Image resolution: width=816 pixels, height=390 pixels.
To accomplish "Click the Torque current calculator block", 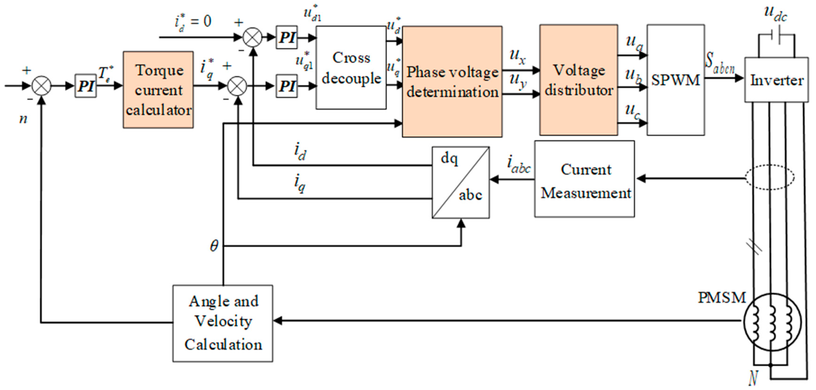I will coord(158,90).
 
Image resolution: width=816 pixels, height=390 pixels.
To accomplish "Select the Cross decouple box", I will coord(351,68).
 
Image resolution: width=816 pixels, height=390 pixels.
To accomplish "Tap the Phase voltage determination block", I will coord(452,82).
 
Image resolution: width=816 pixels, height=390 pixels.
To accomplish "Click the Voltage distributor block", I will coord(578,80).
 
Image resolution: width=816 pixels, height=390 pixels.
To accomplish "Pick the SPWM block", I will coord(676,80).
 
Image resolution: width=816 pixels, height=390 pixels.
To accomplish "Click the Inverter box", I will coord(776,80).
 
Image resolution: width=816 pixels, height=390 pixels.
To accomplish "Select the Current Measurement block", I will coord(584,179).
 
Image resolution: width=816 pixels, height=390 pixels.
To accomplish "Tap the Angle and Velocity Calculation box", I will coord(223,323).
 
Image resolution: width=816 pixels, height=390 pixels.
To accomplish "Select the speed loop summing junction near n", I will coord(42,86).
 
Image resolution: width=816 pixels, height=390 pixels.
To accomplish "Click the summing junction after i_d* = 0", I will coord(253,37).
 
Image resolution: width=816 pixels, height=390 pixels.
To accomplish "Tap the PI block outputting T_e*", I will coord(85,86).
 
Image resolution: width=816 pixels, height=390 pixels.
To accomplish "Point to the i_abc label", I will coord(519,165).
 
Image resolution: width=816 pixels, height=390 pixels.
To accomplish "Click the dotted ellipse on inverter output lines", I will coord(770,177).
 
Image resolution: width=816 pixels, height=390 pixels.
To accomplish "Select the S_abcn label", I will coord(720,63).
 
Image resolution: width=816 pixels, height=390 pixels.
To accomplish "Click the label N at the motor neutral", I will coord(753,378).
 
